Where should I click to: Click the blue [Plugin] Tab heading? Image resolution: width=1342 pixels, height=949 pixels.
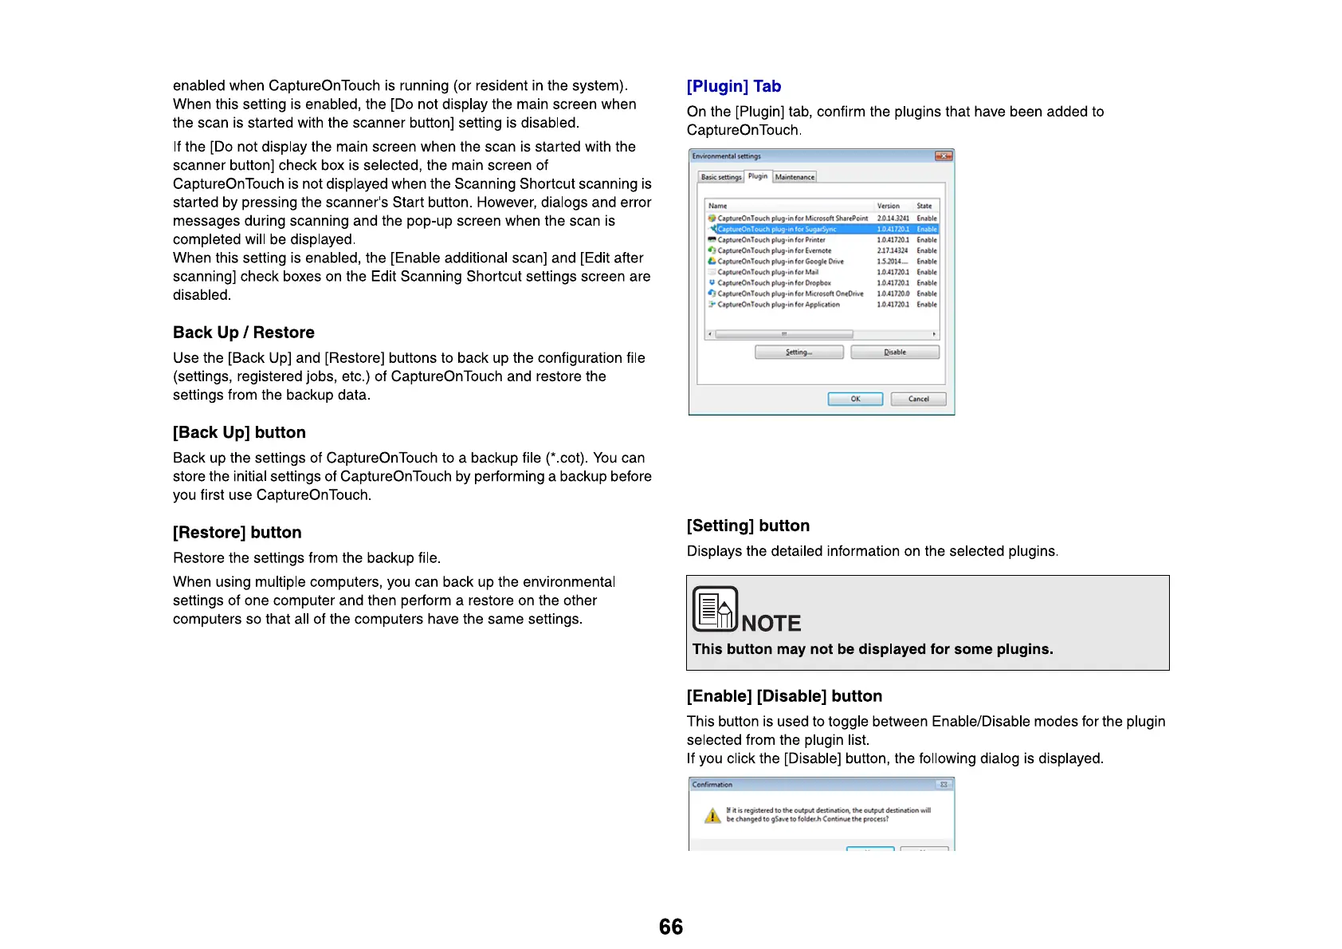pos(733,86)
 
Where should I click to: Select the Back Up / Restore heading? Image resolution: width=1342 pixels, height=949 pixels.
pos(243,333)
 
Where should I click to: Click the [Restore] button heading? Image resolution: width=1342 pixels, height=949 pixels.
pos(237,533)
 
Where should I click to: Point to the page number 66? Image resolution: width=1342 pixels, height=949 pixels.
pos(671,927)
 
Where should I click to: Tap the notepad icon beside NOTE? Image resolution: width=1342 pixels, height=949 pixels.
pos(714,609)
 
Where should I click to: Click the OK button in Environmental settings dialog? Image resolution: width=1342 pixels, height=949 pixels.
pos(855,399)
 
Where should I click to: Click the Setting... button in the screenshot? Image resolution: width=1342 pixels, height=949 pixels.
pos(799,352)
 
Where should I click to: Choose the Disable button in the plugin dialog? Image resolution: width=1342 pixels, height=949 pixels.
pos(895,352)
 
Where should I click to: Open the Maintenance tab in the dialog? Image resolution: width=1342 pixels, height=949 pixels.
pos(795,177)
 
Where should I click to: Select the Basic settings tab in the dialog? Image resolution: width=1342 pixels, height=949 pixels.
pos(720,177)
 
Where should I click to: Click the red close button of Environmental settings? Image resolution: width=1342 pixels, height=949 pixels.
pos(944,156)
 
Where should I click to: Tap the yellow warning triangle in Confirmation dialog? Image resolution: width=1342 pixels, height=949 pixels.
pos(712,816)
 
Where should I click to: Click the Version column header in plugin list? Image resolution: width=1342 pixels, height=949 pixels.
pos(888,206)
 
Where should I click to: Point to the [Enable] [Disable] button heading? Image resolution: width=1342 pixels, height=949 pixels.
pos(784,696)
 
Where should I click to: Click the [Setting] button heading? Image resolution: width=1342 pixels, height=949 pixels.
pos(748,526)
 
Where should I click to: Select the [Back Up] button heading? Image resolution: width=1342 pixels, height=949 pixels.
pos(239,432)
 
